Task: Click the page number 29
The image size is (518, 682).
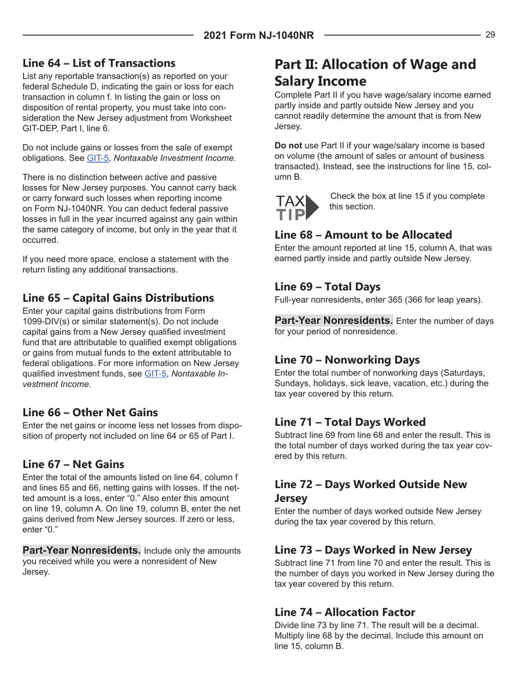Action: [x=490, y=35]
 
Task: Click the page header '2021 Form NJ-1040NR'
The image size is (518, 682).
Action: [x=259, y=36]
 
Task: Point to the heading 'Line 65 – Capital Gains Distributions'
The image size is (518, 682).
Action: [x=118, y=298]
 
